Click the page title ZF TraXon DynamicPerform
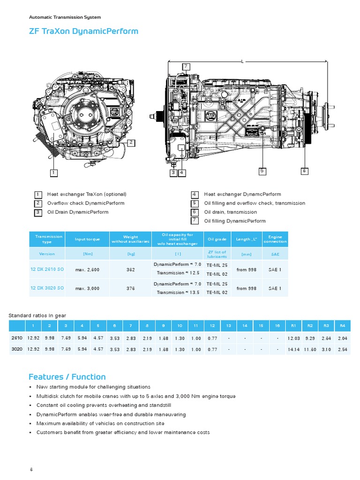[x=83, y=31]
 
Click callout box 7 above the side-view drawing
[x=186, y=66]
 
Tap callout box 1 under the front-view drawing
[x=54, y=172]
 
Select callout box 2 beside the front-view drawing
[x=131, y=142]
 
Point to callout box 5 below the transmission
[x=262, y=171]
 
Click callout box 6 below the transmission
[x=304, y=171]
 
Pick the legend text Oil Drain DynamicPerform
[x=77, y=212]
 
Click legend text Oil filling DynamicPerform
[x=235, y=221]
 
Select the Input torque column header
[x=87, y=239]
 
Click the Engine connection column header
[x=275, y=239]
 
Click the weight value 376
[x=131, y=289]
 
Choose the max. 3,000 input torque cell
[x=87, y=289]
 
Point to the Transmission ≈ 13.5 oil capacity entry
[x=178, y=292]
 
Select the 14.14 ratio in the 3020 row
[x=293, y=349]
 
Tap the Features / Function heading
[x=67, y=377]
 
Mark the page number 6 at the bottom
[x=31, y=469]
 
